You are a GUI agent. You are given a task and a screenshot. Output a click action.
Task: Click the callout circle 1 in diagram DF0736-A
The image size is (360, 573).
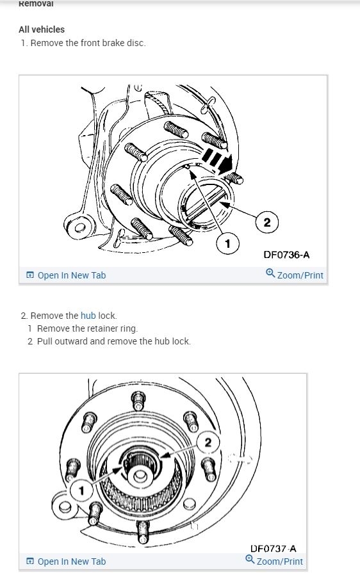[x=227, y=243]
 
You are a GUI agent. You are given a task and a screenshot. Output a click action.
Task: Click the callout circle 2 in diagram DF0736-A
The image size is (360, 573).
[x=267, y=222]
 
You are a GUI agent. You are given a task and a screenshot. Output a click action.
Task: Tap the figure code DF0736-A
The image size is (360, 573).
[x=286, y=255]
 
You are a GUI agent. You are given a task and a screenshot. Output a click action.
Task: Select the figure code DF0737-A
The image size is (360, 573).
[x=274, y=549]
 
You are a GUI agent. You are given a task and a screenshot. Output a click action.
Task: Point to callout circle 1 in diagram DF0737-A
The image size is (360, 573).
[x=81, y=490]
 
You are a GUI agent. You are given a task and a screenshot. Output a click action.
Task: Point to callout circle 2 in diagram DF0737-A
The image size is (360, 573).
[x=208, y=442]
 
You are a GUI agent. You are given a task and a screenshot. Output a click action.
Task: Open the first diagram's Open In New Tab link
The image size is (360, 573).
[x=66, y=275]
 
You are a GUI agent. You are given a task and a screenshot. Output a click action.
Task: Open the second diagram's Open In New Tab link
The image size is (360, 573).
[x=66, y=561]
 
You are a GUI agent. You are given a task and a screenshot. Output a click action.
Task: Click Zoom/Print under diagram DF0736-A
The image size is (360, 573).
[x=295, y=275]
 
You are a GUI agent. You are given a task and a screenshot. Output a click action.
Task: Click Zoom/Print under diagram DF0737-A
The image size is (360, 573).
[x=274, y=561]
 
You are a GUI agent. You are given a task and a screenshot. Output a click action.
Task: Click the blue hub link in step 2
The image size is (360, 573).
[x=88, y=316]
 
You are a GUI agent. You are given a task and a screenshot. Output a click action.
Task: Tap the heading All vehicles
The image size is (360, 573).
[x=42, y=29]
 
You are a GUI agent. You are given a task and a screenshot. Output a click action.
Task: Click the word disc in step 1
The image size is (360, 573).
[x=136, y=43]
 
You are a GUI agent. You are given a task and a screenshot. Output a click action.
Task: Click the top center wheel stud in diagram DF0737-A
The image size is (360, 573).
[x=138, y=401]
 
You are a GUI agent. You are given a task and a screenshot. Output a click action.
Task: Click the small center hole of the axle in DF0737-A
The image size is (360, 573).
[x=139, y=476]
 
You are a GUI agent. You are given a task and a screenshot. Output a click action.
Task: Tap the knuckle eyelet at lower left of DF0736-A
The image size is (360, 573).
[x=79, y=227]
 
